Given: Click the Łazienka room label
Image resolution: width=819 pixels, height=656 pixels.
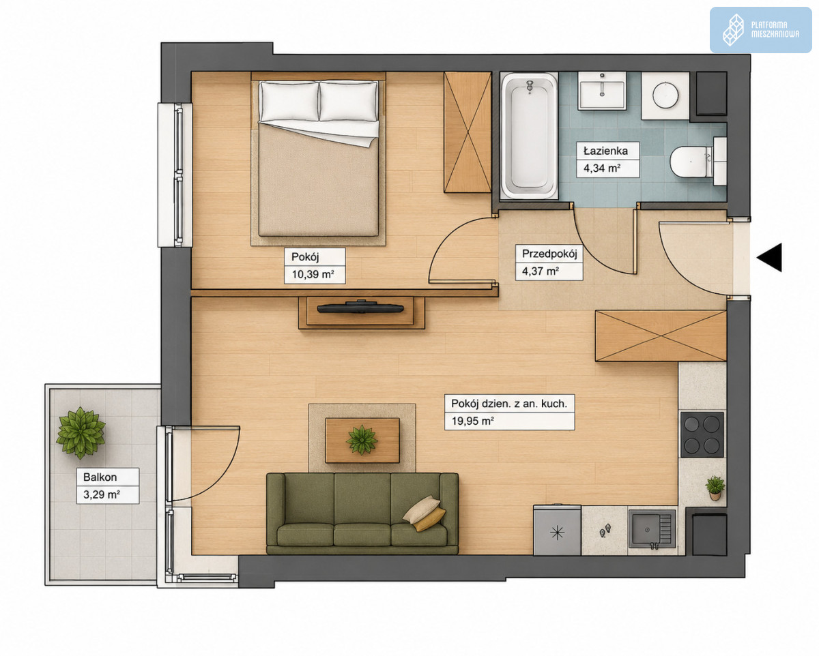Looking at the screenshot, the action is pyautogui.click(x=606, y=151).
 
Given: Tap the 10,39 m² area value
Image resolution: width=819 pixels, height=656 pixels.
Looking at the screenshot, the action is pyautogui.click(x=313, y=274).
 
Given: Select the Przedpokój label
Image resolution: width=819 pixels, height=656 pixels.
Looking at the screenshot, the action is pyautogui.click(x=549, y=254).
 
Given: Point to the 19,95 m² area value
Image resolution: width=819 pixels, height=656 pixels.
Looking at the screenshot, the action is pyautogui.click(x=473, y=421).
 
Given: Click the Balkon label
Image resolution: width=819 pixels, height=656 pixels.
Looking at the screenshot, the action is pyautogui.click(x=100, y=477).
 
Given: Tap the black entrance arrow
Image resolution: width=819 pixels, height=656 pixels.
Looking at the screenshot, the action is pyautogui.click(x=770, y=258).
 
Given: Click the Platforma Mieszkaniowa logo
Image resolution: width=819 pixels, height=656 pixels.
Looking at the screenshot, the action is pyautogui.click(x=761, y=30).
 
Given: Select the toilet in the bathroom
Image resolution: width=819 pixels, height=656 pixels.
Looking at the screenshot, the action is pyautogui.click(x=698, y=162).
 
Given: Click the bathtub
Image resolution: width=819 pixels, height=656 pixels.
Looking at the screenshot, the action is pyautogui.click(x=529, y=136).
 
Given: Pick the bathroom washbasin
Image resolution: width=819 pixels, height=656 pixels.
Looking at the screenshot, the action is pyautogui.click(x=602, y=91).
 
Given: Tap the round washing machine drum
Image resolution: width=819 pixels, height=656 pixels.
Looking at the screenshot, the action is pyautogui.click(x=665, y=95).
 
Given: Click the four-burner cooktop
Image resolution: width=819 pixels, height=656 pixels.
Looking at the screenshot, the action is pyautogui.click(x=702, y=434).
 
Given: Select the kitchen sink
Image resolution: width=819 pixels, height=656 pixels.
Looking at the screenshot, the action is pyautogui.click(x=652, y=529).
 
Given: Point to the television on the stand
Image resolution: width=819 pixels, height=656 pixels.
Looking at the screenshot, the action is pyautogui.click(x=360, y=308).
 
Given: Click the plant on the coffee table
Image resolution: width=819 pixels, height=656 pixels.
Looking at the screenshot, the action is pyautogui.click(x=362, y=440).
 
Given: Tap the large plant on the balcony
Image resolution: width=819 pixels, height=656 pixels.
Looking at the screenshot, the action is pyautogui.click(x=81, y=432).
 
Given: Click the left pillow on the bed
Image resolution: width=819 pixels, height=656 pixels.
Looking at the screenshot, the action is pyautogui.click(x=289, y=101).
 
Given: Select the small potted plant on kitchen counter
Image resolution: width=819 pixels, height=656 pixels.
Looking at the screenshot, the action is pyautogui.click(x=715, y=488).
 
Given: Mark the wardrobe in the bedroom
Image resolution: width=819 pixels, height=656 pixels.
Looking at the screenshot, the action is pyautogui.click(x=468, y=132).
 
